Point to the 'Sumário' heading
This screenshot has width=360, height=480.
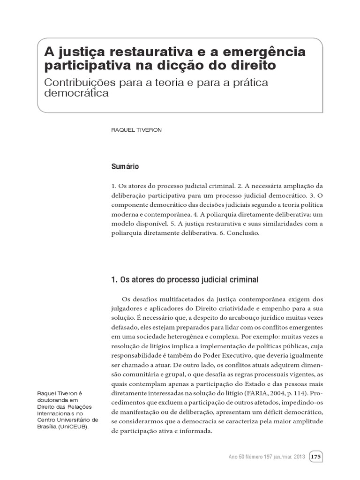tap(125, 166)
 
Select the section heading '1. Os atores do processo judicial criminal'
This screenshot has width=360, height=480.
tap(185, 280)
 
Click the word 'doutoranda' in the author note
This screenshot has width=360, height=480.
tap(52, 401)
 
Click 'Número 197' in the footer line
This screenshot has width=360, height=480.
tap(257, 456)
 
